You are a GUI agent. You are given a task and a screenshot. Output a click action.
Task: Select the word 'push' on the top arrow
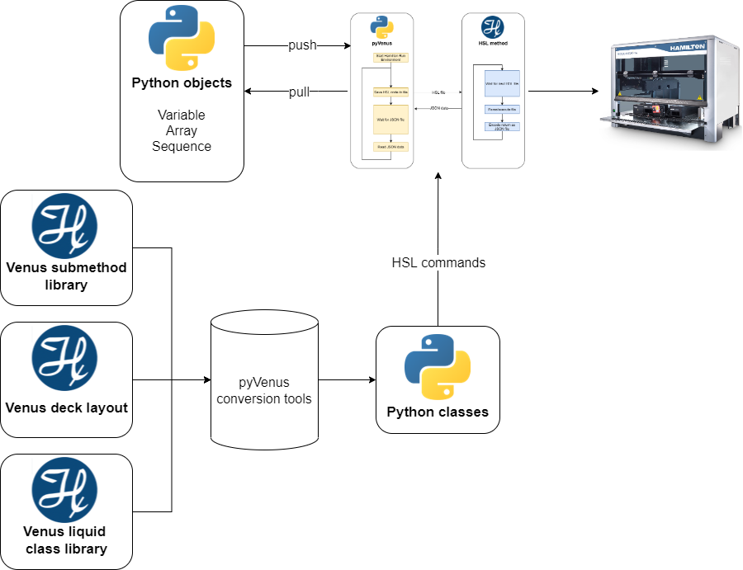[x=302, y=45]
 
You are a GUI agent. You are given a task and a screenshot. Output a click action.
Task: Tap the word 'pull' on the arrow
[x=299, y=92]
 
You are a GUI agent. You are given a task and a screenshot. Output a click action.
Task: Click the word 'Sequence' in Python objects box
[x=182, y=146]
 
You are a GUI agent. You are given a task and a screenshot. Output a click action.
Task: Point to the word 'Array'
[x=182, y=130]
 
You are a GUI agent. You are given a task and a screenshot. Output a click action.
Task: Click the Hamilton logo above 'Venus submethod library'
[x=64, y=226]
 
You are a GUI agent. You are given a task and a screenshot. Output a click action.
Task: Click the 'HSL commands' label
[x=438, y=263]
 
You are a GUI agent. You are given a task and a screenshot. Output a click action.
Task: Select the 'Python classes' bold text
[x=438, y=412]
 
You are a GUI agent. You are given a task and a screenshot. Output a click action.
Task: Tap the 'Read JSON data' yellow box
[x=390, y=146]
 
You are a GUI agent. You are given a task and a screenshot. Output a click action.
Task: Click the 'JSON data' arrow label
[x=438, y=108]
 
